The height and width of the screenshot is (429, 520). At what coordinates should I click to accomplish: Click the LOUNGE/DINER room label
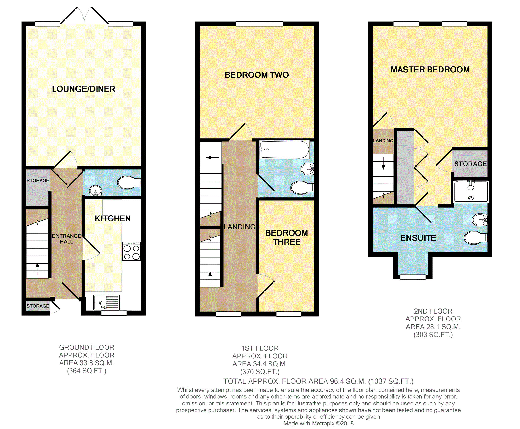pos(83,89)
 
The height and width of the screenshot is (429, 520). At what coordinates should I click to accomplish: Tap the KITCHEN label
pos(113,218)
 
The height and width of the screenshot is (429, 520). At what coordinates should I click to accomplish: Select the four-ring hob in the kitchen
pos(131,251)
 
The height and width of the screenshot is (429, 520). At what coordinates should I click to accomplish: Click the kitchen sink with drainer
pos(107,303)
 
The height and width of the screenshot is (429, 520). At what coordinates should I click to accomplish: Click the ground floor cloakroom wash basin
pos(96,191)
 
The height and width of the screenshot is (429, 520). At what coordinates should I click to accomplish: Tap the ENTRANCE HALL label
pos(67,239)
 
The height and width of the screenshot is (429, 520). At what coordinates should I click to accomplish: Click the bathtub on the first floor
pos(285,150)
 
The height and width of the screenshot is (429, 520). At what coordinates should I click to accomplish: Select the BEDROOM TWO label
pos(257,75)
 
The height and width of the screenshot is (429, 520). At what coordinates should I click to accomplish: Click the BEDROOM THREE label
pos(287,237)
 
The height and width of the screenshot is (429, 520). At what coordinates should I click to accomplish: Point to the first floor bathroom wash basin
pos(308,169)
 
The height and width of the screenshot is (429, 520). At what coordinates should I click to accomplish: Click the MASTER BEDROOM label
pos(430,70)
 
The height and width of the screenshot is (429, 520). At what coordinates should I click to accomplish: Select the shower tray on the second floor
pos(471,192)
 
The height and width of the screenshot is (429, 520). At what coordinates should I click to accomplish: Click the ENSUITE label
pos(418,238)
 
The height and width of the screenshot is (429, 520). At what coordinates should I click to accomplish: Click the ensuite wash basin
pos(480,220)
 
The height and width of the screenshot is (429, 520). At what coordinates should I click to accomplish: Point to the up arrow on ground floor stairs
pos(37,269)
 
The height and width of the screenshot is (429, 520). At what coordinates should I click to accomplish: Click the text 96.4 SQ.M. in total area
pos(348,381)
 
